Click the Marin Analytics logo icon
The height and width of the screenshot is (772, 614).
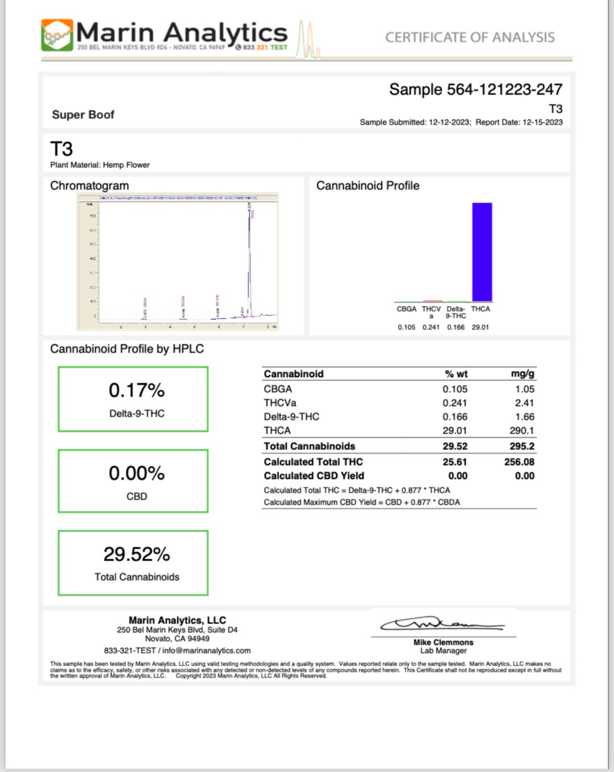57,35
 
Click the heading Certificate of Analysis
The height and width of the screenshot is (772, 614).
470,37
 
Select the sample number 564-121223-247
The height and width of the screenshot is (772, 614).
504,90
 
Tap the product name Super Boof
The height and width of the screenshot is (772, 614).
83,114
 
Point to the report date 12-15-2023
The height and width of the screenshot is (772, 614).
543,122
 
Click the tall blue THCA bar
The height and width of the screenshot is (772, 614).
482,252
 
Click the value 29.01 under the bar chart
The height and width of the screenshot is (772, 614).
480,327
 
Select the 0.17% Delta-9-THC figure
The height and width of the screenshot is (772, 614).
136,391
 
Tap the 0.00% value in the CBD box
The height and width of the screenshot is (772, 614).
136,474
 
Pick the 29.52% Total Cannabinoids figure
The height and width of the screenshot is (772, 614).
136,555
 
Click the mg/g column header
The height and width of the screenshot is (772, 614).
522,374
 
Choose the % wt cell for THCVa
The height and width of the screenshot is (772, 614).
454,403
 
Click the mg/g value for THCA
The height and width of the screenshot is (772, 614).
522,431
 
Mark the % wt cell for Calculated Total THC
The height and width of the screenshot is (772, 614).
454,462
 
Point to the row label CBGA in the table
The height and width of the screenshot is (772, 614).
278,389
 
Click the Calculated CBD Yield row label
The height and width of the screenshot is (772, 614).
314,476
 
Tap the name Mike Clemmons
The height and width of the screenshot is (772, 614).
443,642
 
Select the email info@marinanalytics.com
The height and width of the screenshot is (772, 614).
206,651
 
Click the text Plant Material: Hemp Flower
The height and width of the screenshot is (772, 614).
100,165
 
